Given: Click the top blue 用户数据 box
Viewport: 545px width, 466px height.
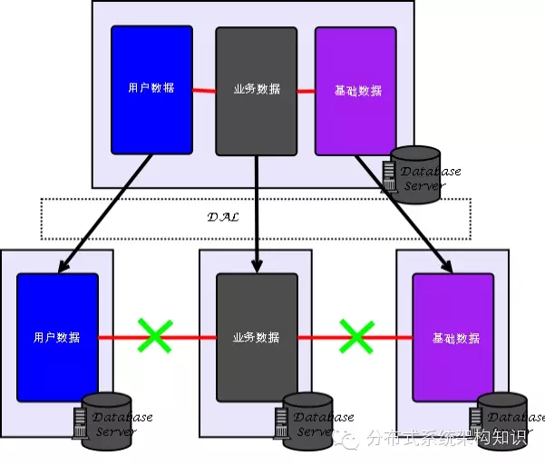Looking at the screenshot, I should pos(151,89).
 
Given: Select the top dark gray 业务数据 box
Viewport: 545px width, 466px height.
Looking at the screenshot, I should pos(256,90).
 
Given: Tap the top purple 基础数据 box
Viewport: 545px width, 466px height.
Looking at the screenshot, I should pos(355,91).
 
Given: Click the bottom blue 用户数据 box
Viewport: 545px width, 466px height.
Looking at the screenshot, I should pos(57,337).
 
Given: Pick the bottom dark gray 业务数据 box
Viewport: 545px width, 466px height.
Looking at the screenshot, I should pos(257,337).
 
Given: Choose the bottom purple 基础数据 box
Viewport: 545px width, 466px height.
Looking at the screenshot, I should pos(453,337).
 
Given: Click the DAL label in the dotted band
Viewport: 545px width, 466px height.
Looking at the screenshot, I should pos(222,217).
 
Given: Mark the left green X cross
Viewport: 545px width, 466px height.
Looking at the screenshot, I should pos(154,336).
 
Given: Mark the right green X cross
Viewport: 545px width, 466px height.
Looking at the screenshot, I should pos(356,336).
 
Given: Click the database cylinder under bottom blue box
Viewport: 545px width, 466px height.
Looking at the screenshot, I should pos(106,415).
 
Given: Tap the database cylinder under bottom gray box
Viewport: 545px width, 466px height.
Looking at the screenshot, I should pos(307,415).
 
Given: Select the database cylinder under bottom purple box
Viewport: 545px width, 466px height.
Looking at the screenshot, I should pos(503,415).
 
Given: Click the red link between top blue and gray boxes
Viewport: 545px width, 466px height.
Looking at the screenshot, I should pos(204,90).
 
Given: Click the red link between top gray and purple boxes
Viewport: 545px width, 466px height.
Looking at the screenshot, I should pos(306,90).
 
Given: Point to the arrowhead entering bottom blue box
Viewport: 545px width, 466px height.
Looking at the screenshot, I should pos(63,266).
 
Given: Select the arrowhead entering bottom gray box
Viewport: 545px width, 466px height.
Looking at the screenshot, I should pos(258,265).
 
